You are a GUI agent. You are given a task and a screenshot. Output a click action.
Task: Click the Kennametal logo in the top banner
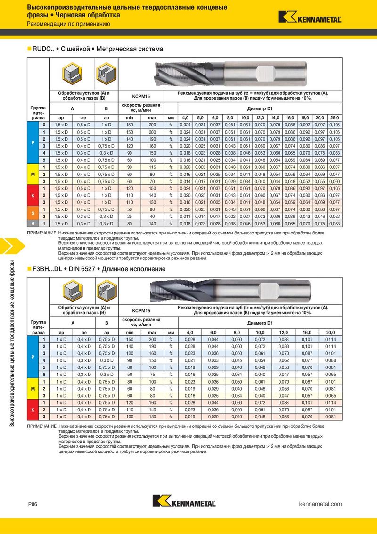(x=310, y=17)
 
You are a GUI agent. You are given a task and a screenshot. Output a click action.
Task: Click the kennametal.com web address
(x=320, y=504)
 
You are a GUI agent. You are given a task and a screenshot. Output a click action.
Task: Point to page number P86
(x=33, y=504)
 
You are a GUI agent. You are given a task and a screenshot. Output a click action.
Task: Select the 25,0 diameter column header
(x=335, y=117)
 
